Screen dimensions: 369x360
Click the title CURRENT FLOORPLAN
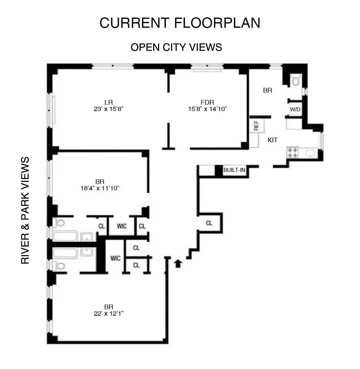click(180, 23)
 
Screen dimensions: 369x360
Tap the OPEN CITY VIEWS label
click(176, 47)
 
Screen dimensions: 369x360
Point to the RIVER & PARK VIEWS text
click(25, 210)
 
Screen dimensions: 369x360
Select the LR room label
click(108, 102)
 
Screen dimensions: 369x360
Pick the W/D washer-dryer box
click(295, 109)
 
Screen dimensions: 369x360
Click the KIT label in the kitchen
click(272, 140)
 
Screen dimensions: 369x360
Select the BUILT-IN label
click(234, 170)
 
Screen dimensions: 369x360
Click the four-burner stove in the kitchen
click(292, 152)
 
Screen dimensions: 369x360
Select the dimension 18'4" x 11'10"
click(100, 189)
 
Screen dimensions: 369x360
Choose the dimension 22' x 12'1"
click(108, 313)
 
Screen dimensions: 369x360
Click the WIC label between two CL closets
click(122, 226)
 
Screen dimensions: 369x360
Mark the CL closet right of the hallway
click(209, 223)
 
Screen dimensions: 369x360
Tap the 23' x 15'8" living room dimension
click(108, 109)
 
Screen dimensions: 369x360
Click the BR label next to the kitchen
click(267, 90)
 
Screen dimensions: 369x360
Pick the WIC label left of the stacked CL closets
click(115, 258)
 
